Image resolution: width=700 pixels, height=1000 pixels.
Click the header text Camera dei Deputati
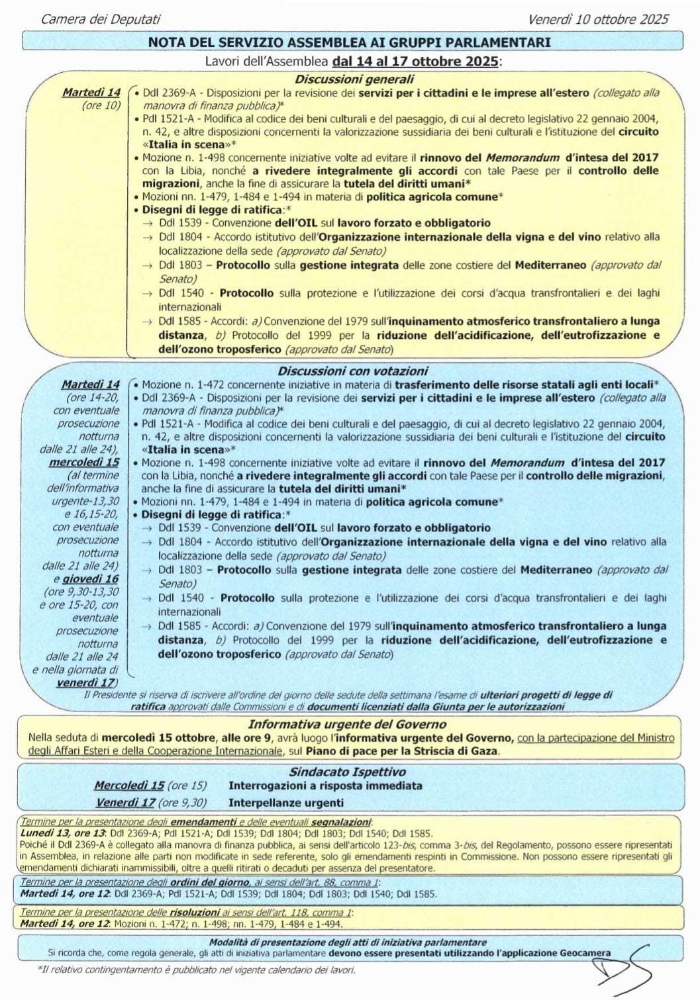point(101,19)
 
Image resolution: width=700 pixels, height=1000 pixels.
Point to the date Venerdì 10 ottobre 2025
point(598,19)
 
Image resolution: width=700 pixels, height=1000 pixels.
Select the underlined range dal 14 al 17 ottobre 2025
point(416,62)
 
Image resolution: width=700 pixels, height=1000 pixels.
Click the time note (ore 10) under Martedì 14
point(101,105)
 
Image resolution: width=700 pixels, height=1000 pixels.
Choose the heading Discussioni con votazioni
point(352,371)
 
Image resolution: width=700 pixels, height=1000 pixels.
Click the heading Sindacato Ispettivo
point(347,772)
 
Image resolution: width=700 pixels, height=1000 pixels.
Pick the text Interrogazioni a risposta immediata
point(325,786)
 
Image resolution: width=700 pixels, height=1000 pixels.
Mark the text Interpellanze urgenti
point(286,803)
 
